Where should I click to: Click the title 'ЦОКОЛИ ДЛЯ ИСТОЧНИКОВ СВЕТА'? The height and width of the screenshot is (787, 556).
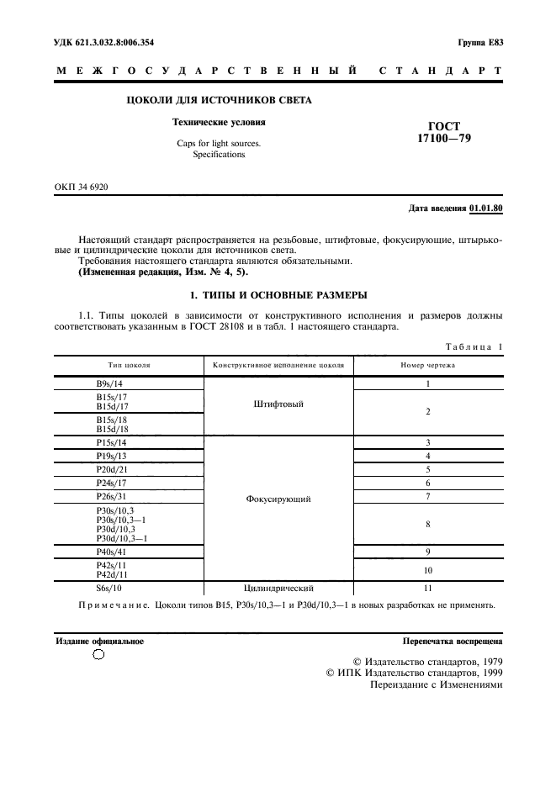[x=218, y=100]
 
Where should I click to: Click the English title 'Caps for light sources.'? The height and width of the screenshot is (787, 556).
[x=218, y=143]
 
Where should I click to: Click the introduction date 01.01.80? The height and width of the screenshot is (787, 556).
[x=486, y=208]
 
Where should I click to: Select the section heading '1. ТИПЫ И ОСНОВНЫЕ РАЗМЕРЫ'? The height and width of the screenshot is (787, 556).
[x=278, y=295]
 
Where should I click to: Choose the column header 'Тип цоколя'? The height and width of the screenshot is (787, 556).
[x=129, y=366]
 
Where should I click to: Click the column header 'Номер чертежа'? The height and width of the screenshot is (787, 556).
[x=427, y=366]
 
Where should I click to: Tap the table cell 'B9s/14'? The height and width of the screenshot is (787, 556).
[x=111, y=383]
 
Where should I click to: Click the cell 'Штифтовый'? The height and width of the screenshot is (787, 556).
[x=278, y=404]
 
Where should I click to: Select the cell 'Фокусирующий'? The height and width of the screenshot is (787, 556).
[x=278, y=499]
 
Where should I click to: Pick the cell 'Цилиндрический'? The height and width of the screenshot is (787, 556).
[x=278, y=588]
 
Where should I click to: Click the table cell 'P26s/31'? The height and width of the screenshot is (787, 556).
[x=113, y=497]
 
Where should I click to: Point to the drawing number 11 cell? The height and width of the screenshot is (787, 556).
[x=427, y=588]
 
